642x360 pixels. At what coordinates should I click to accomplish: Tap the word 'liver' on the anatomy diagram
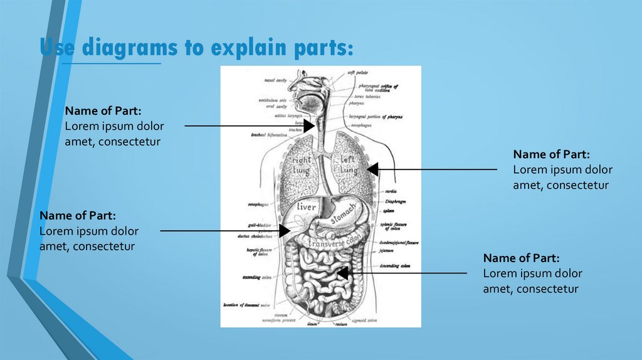[x=307, y=206]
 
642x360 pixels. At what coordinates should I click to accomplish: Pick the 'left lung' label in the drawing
[x=349, y=165]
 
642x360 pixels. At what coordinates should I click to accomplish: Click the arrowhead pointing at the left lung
[x=372, y=169]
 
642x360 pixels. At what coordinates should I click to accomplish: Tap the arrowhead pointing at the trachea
[x=308, y=126]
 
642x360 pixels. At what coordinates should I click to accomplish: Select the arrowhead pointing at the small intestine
[x=342, y=273]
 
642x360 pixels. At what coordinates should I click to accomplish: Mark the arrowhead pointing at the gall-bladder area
[x=284, y=231]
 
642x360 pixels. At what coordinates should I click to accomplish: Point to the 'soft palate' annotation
[x=358, y=73]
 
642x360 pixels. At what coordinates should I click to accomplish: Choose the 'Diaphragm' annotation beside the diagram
[x=396, y=201]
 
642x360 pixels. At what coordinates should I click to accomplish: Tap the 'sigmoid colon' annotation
[x=364, y=320]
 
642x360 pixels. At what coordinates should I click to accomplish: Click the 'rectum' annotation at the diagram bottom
[x=341, y=324]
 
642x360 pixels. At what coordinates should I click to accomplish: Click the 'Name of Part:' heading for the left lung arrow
[x=551, y=154]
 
